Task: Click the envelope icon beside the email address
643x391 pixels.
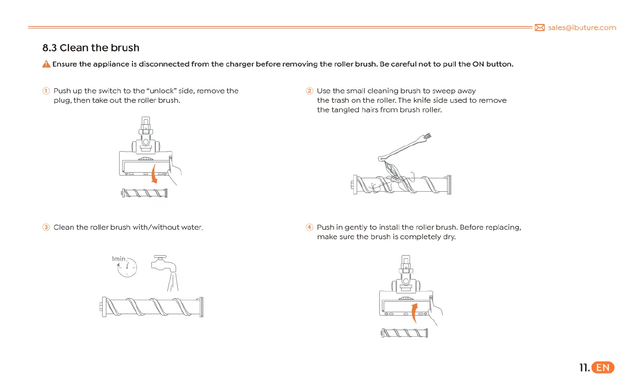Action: click(x=540, y=28)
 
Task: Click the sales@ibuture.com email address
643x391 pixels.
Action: click(x=582, y=28)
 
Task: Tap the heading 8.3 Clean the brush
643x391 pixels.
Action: click(x=91, y=48)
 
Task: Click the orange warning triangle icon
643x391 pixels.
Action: click(x=46, y=64)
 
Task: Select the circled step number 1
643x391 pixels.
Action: click(x=46, y=91)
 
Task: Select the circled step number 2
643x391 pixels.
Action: click(x=309, y=91)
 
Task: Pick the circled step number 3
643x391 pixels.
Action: click(x=46, y=228)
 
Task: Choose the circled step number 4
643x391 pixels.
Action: click(x=309, y=228)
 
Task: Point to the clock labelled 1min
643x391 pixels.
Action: click(x=127, y=268)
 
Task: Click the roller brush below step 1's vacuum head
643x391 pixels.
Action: click(x=144, y=193)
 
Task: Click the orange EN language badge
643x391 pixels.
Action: click(x=603, y=368)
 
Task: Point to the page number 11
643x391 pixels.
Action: click(x=583, y=368)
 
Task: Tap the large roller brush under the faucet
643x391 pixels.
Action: click(x=152, y=305)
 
